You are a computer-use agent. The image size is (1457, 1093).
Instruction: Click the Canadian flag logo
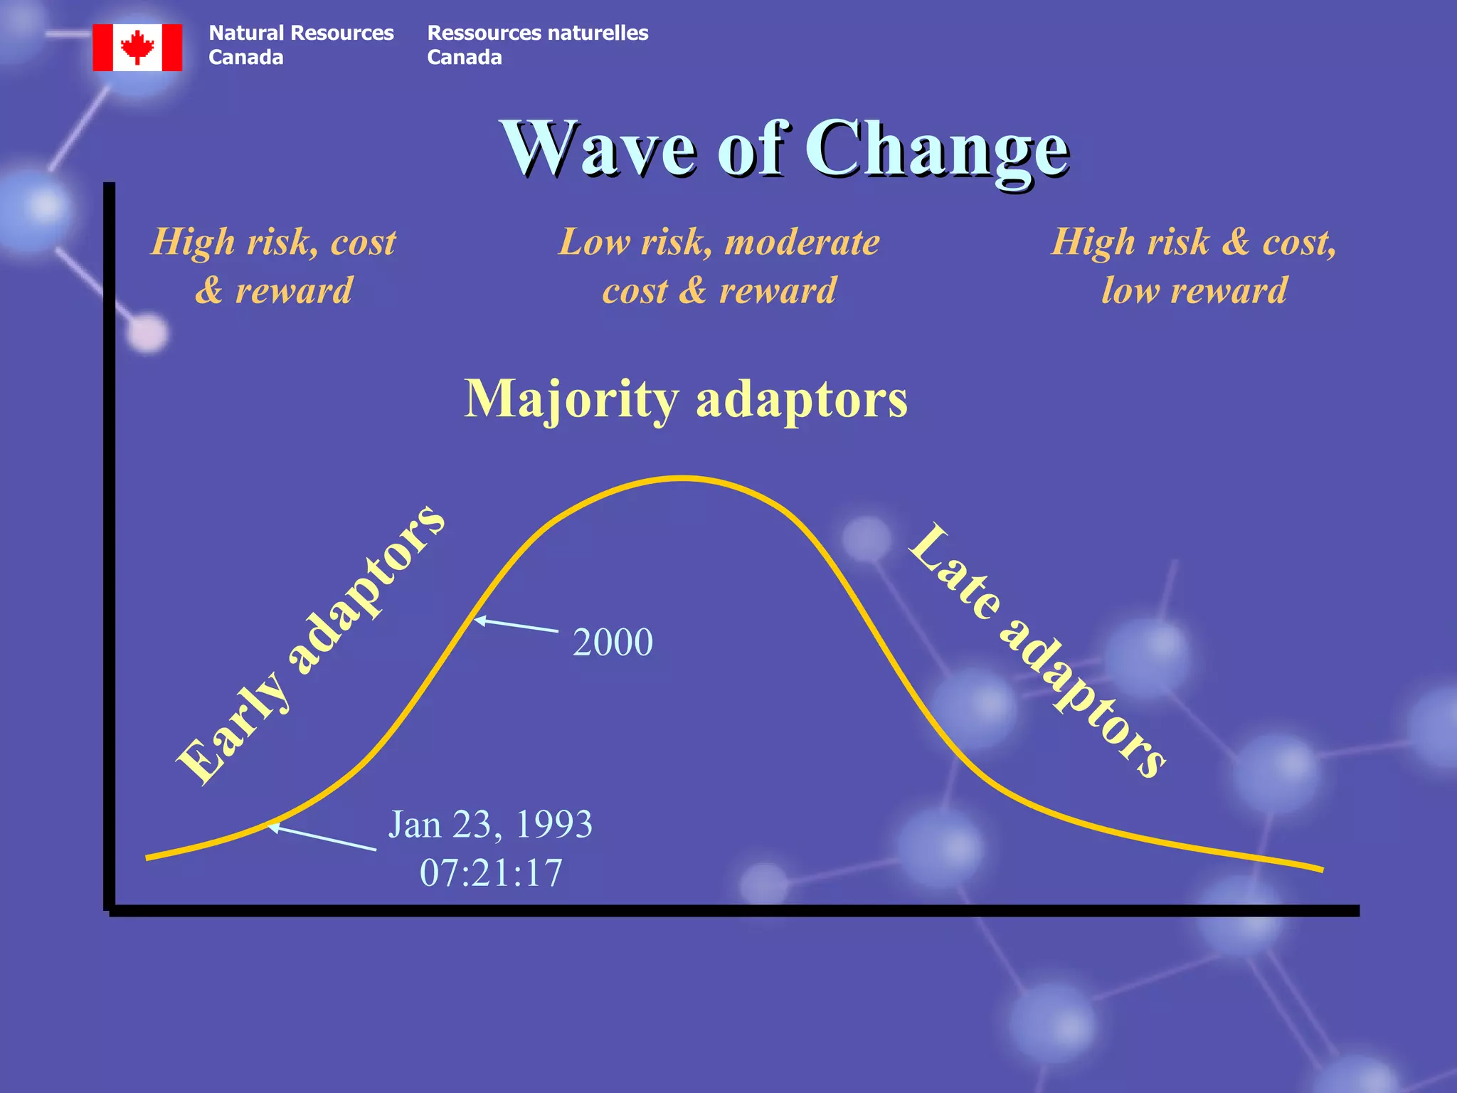click(137, 47)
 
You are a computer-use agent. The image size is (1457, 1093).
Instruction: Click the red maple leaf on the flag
click(137, 47)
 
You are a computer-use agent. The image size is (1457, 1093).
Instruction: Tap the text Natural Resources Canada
click(300, 45)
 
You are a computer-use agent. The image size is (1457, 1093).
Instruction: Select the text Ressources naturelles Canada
click(537, 45)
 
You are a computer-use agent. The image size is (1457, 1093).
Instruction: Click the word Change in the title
click(937, 149)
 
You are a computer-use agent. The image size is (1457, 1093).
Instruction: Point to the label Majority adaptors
click(686, 398)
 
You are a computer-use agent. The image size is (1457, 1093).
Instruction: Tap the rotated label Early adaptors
click(310, 644)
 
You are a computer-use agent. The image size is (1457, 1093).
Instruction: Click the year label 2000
click(613, 642)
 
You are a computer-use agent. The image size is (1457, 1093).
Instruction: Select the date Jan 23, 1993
click(490, 825)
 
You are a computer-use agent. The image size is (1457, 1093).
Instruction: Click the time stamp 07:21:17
click(491, 873)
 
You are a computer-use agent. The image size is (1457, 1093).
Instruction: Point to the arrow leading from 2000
click(516, 625)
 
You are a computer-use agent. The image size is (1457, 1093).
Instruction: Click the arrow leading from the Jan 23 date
click(322, 838)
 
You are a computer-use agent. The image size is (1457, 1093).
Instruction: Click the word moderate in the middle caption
click(802, 242)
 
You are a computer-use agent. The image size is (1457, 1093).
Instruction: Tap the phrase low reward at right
click(1194, 290)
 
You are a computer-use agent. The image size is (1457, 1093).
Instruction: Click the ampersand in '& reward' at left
click(208, 290)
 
